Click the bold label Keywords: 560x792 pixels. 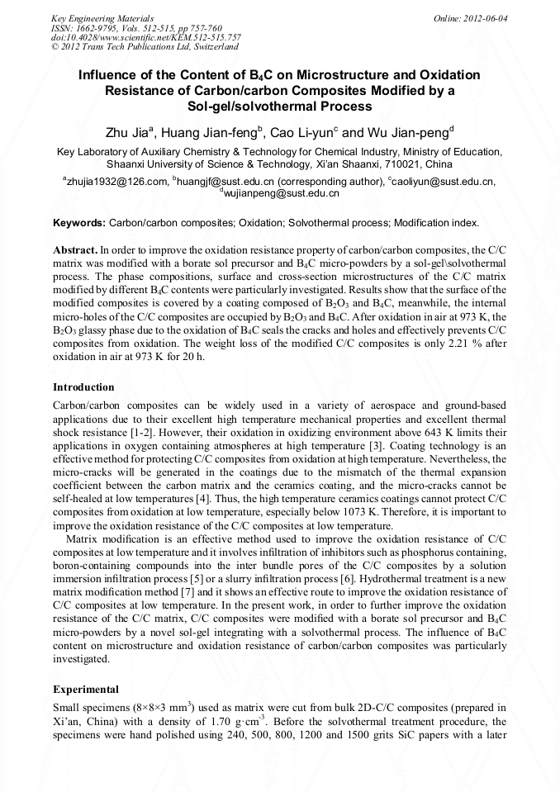pyautogui.click(x=79, y=223)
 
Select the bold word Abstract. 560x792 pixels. pyautogui.click(x=75, y=249)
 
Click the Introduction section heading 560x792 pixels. pyautogui.click(x=83, y=387)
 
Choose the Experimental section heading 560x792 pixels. pyautogui.click(x=86, y=689)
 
